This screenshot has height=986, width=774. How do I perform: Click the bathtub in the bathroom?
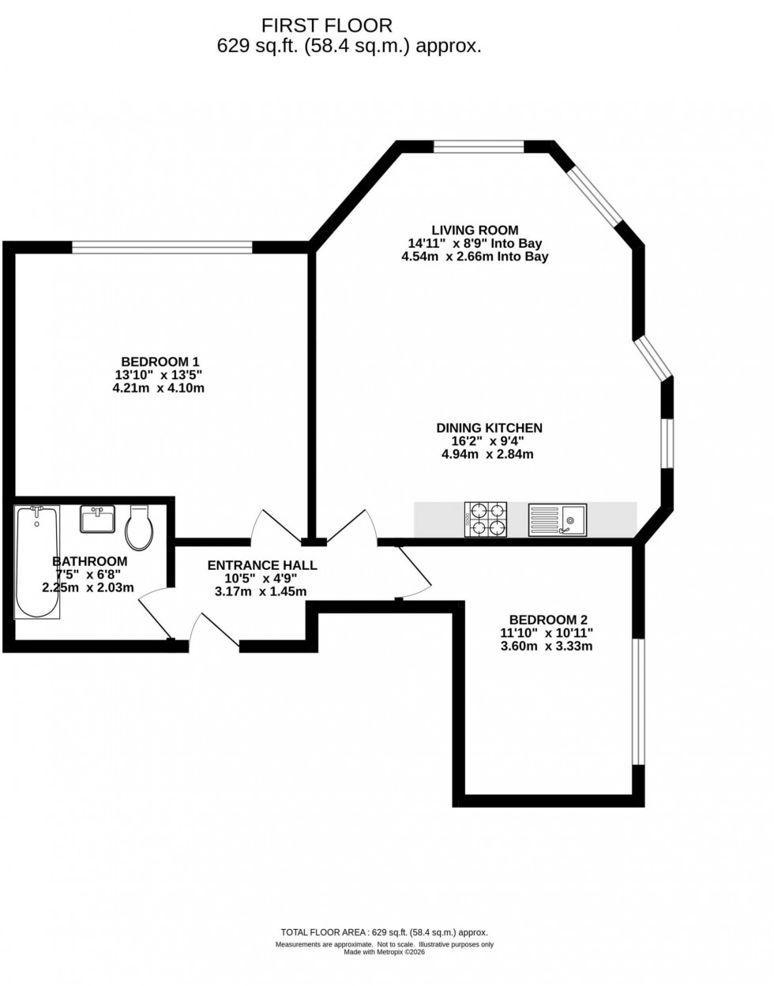click(x=36, y=562)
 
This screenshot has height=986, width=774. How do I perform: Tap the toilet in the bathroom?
click(x=139, y=527)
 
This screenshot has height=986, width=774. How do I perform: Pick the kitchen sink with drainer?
click(x=558, y=520)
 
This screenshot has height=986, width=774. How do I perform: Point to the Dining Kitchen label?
click(x=489, y=428)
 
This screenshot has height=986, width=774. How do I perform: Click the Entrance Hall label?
click(x=262, y=565)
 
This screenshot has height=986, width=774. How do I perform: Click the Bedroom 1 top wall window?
click(x=162, y=247)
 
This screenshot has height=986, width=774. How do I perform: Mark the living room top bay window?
click(x=479, y=146)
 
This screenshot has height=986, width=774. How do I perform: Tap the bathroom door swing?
click(x=156, y=612)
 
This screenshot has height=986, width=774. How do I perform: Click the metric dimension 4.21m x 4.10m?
click(x=159, y=388)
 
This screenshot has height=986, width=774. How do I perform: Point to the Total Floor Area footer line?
click(x=385, y=932)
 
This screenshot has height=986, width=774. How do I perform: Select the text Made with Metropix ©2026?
click(x=385, y=951)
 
